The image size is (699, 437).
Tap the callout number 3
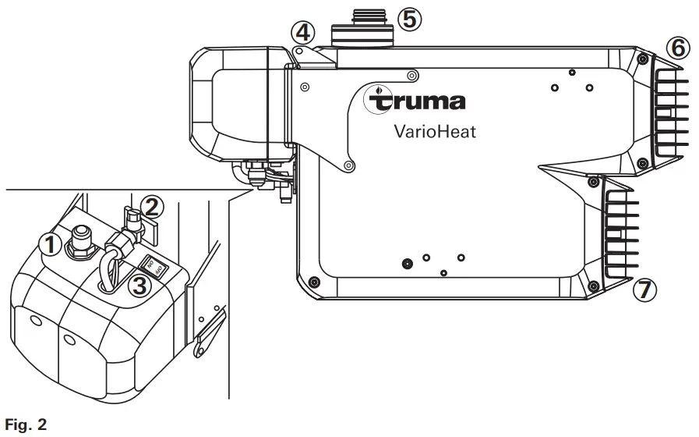[139, 286]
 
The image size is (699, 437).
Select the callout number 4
[302, 34]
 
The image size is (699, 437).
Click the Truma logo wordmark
[421, 101]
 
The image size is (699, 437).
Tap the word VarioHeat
[435, 131]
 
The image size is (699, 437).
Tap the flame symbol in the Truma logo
[379, 91]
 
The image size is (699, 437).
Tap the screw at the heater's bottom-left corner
[314, 281]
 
